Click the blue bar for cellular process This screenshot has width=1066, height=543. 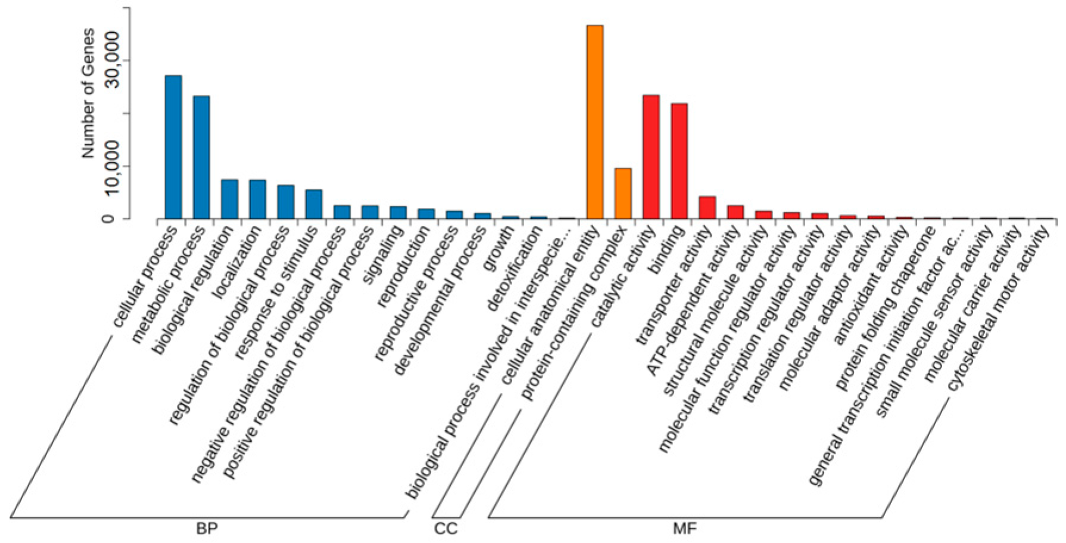173,147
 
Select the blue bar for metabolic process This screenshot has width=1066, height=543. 201,157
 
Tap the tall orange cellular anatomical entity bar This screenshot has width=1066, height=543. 595,122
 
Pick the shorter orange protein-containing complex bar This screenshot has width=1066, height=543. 623,194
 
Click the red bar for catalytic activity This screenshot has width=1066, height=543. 651,157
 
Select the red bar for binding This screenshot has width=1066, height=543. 679,161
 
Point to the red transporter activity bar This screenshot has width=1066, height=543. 707,207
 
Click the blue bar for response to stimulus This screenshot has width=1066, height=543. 314,204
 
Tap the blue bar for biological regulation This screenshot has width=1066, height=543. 229,199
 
